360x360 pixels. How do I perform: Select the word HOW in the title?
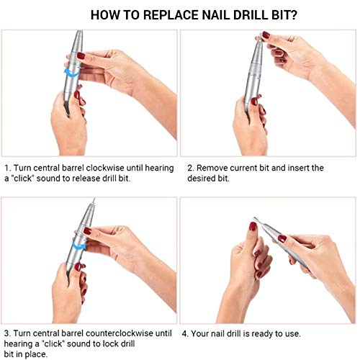coord(104,13)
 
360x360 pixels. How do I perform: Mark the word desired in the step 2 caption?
coord(205,178)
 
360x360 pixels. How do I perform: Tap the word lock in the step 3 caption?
coord(118,343)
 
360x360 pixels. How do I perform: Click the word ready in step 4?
coord(264,333)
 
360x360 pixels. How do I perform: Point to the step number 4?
coord(184,333)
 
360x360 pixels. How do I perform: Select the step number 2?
coord(189,168)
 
